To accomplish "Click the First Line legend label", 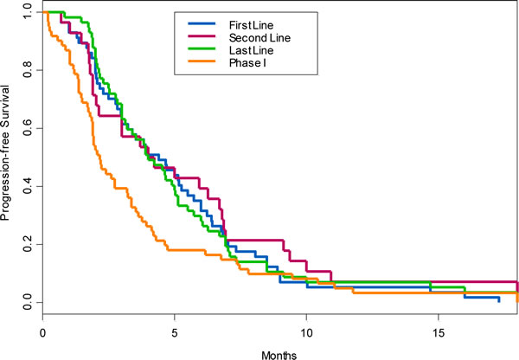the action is (x=251, y=25).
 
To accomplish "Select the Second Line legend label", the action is (x=259, y=38).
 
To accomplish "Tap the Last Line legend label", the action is (x=251, y=50).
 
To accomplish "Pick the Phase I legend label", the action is (x=247, y=63).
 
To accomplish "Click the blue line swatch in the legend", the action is (x=202, y=23).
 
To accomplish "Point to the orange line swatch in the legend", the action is (x=202, y=61).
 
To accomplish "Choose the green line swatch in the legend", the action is (x=202, y=48).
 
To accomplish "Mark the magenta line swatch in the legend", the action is (x=202, y=36).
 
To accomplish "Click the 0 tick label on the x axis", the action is (x=42, y=332).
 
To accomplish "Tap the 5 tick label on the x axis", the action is (x=175, y=332).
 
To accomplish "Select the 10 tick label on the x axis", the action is (x=306, y=332).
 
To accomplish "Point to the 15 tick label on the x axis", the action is (x=439, y=332).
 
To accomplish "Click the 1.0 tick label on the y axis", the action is (x=28, y=12).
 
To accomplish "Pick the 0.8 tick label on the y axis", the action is (x=28, y=70).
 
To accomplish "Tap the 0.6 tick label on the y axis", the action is (x=28, y=128).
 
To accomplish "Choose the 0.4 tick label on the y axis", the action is (x=28, y=186).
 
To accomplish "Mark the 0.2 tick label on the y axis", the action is (x=28, y=244).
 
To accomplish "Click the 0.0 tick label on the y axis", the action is (x=28, y=302).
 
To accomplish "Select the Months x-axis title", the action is (x=279, y=355).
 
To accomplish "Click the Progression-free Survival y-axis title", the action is (x=5, y=152).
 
